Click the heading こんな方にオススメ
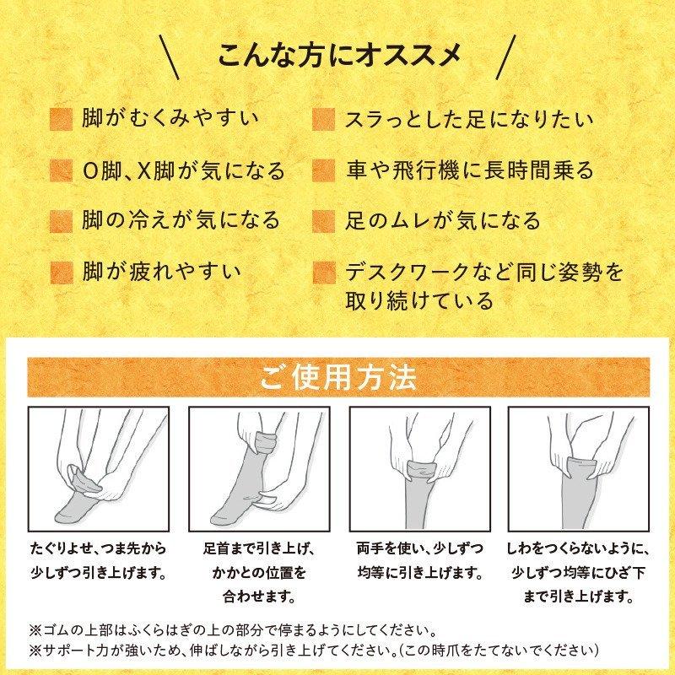pos(337,58)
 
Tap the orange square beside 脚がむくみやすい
pos(61,119)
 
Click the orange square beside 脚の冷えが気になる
pos(61,221)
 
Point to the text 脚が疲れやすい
pos(162,272)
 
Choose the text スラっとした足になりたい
pos(468,119)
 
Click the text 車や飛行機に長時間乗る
pos(469,170)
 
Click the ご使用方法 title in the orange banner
pos(337,376)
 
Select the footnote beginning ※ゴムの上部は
pos(245,630)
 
